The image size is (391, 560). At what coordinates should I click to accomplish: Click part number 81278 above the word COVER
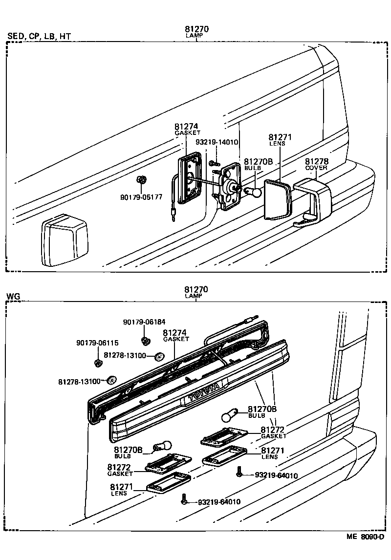(x=317, y=161)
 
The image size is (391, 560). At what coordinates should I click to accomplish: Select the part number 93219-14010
(x=217, y=142)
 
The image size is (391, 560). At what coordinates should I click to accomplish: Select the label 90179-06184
(x=144, y=322)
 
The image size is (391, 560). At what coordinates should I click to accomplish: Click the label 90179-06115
(x=97, y=343)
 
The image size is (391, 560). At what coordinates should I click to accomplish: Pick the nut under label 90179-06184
(x=145, y=340)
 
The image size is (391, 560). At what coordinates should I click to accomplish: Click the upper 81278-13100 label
(x=125, y=355)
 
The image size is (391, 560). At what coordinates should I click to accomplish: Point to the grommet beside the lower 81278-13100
(x=112, y=379)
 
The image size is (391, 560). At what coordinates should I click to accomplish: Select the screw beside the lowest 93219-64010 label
(x=183, y=500)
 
